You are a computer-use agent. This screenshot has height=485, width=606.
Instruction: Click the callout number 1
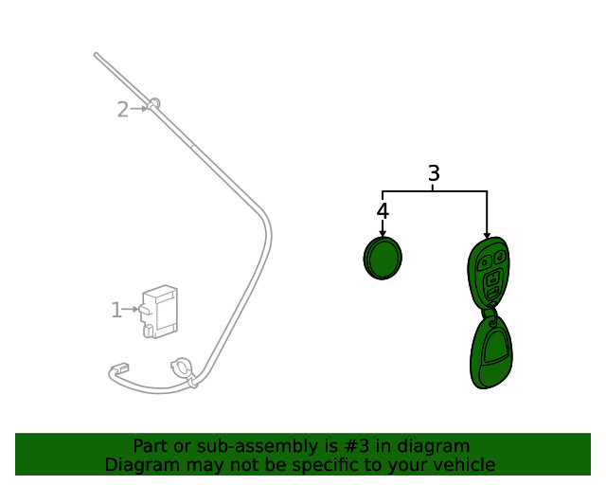click(116, 310)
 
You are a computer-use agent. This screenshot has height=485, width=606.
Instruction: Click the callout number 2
click(123, 110)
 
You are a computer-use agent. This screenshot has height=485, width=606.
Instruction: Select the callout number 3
click(434, 173)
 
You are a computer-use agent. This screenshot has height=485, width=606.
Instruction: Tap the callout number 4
click(383, 211)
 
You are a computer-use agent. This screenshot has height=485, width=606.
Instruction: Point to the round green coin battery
click(383, 258)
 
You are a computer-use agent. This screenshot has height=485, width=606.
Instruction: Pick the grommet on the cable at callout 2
click(153, 103)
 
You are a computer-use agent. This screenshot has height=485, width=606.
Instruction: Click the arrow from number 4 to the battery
click(383, 228)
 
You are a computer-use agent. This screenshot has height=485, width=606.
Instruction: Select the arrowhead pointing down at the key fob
click(487, 235)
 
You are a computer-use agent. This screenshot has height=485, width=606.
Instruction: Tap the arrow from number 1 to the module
click(130, 310)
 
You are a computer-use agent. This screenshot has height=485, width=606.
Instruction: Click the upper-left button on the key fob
click(484, 263)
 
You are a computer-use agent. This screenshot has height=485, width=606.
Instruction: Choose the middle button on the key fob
click(492, 278)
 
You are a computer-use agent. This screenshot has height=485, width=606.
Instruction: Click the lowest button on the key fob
click(492, 293)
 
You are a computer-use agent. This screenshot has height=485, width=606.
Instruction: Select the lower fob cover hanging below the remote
click(490, 352)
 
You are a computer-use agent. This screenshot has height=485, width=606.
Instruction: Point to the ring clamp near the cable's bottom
click(181, 367)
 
